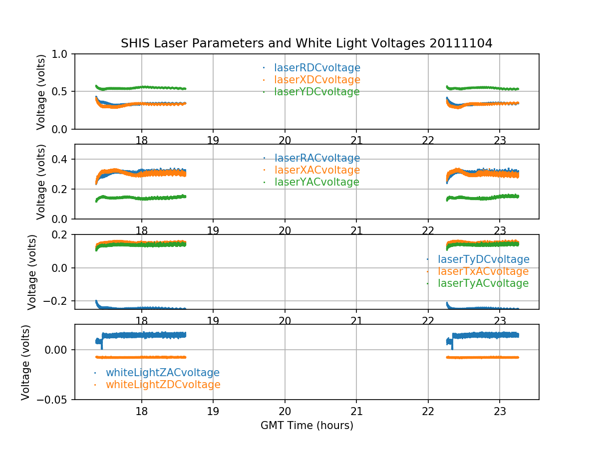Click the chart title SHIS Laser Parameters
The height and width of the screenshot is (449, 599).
tap(306, 43)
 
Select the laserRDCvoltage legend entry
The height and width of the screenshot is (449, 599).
tap(317, 68)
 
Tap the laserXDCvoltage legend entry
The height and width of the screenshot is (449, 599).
tap(317, 80)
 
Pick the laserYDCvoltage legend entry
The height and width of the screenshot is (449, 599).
tap(316, 92)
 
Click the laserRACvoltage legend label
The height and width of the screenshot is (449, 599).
tap(317, 158)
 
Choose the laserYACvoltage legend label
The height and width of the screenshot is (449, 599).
tap(316, 182)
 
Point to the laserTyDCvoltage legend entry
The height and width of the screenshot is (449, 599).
tap(483, 259)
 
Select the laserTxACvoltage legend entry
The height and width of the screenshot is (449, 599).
tap(483, 271)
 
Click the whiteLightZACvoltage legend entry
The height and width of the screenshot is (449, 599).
tap(162, 373)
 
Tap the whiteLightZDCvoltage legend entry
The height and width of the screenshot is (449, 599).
tap(163, 385)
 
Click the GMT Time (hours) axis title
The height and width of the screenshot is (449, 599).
tap(306, 426)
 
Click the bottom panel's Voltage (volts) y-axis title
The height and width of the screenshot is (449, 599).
tap(26, 362)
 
